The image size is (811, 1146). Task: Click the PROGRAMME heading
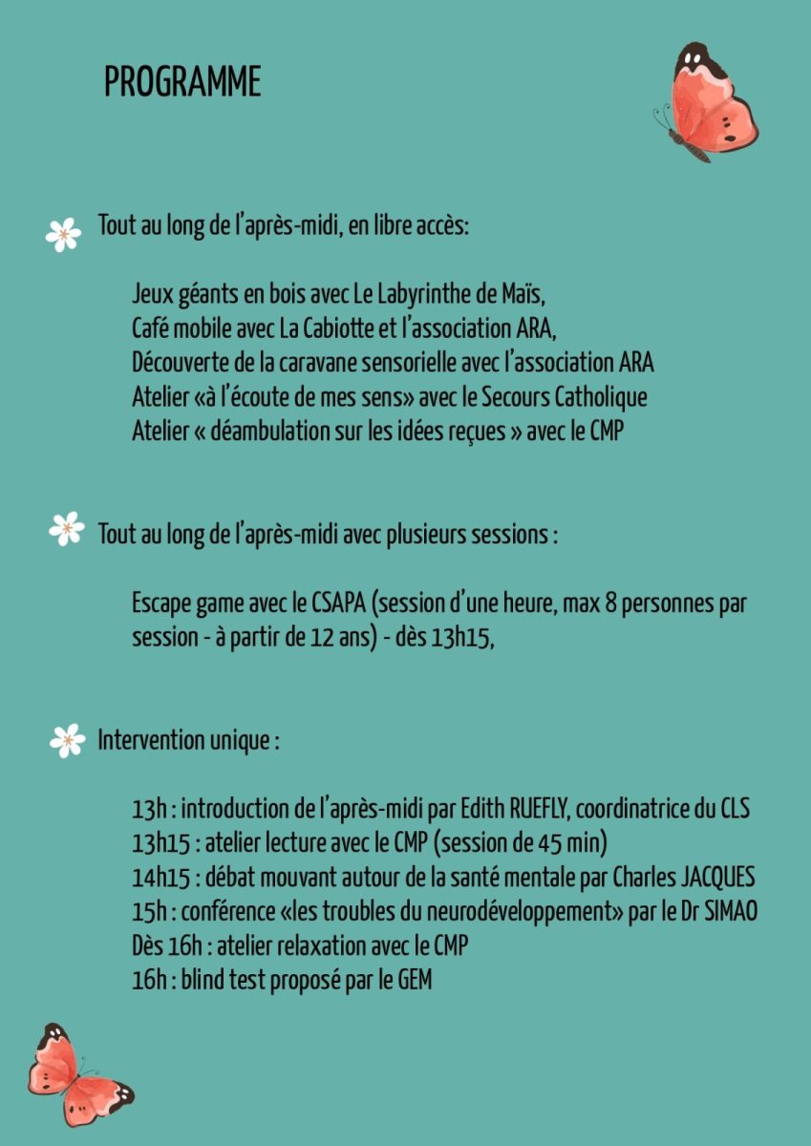pos(182,83)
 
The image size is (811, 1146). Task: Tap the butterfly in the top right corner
pos(707,102)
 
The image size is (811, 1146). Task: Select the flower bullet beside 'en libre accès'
pos(63,234)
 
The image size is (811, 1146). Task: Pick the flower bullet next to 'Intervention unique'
pos(67,740)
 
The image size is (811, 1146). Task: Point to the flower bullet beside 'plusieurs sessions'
pos(67,528)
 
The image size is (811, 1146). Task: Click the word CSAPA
pos(338,604)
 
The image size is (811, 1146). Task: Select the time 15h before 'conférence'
pos(147,912)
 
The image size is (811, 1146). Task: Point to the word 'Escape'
pos(161,604)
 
